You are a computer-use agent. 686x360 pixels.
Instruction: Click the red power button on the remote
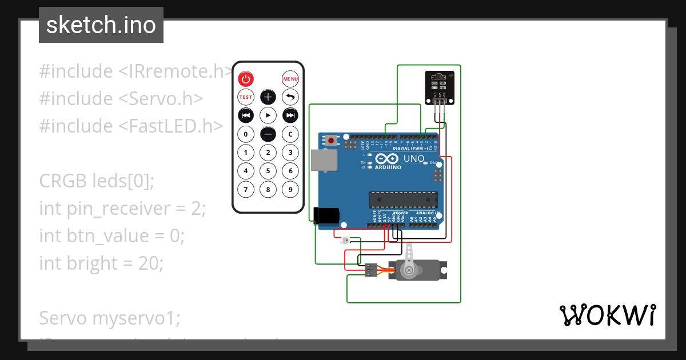pyautogui.click(x=246, y=79)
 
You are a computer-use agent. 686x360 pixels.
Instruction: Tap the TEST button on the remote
pyautogui.click(x=246, y=97)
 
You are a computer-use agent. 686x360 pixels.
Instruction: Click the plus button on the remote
pyautogui.click(x=268, y=97)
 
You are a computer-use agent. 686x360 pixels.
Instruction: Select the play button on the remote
pyautogui.click(x=268, y=115)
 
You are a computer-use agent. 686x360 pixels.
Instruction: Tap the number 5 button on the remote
pyautogui.click(x=268, y=171)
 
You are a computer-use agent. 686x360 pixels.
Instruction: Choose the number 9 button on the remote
pyautogui.click(x=290, y=189)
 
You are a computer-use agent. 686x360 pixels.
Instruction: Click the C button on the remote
pyautogui.click(x=290, y=134)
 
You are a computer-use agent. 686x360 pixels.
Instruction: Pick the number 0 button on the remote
pyautogui.click(x=246, y=134)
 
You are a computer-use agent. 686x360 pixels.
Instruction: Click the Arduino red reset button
pyautogui.click(x=331, y=140)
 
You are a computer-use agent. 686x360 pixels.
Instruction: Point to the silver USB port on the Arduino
pyautogui.click(x=324, y=160)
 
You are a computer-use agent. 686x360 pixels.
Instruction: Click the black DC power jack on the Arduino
pyautogui.click(x=327, y=215)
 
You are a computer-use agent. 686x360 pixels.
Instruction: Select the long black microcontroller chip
pyautogui.click(x=404, y=199)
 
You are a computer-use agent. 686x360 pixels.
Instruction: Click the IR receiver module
pyautogui.click(x=440, y=87)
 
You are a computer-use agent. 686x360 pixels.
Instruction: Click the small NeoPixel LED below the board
pyautogui.click(x=345, y=241)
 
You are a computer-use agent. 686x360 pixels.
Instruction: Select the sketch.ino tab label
pyautogui.click(x=101, y=25)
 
